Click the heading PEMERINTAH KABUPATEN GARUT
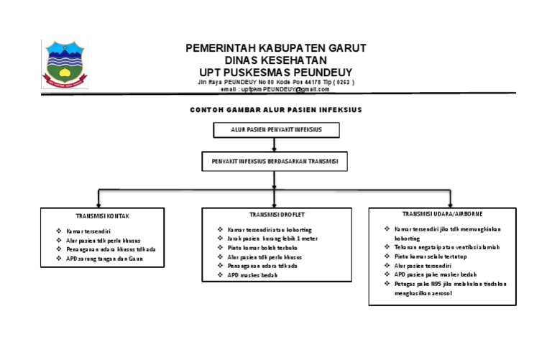(276, 48)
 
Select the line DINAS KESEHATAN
(276, 60)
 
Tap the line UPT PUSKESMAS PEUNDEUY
(276, 73)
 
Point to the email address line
(275, 89)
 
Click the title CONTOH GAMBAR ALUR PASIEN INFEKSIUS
(275, 110)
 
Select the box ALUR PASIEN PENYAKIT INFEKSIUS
(276, 129)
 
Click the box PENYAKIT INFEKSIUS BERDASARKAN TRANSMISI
(275, 162)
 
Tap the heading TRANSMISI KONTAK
(103, 215)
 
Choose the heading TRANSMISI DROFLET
(275, 214)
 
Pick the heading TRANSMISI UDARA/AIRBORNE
(442, 213)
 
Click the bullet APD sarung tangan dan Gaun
(105, 258)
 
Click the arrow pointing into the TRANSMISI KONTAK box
(98, 200)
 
